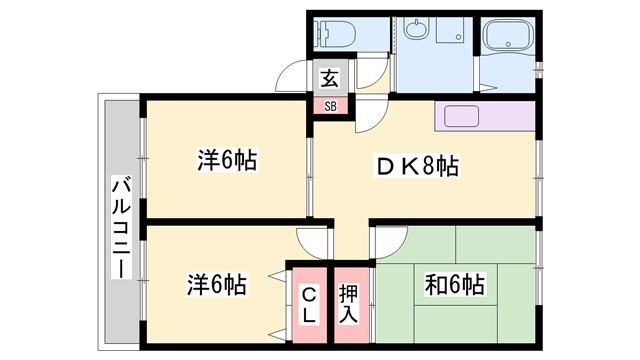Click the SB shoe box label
click(329, 105)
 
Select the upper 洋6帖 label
click(226, 160)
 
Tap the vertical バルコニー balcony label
click(120, 228)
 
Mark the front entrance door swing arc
click(293, 79)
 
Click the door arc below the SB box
click(368, 118)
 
